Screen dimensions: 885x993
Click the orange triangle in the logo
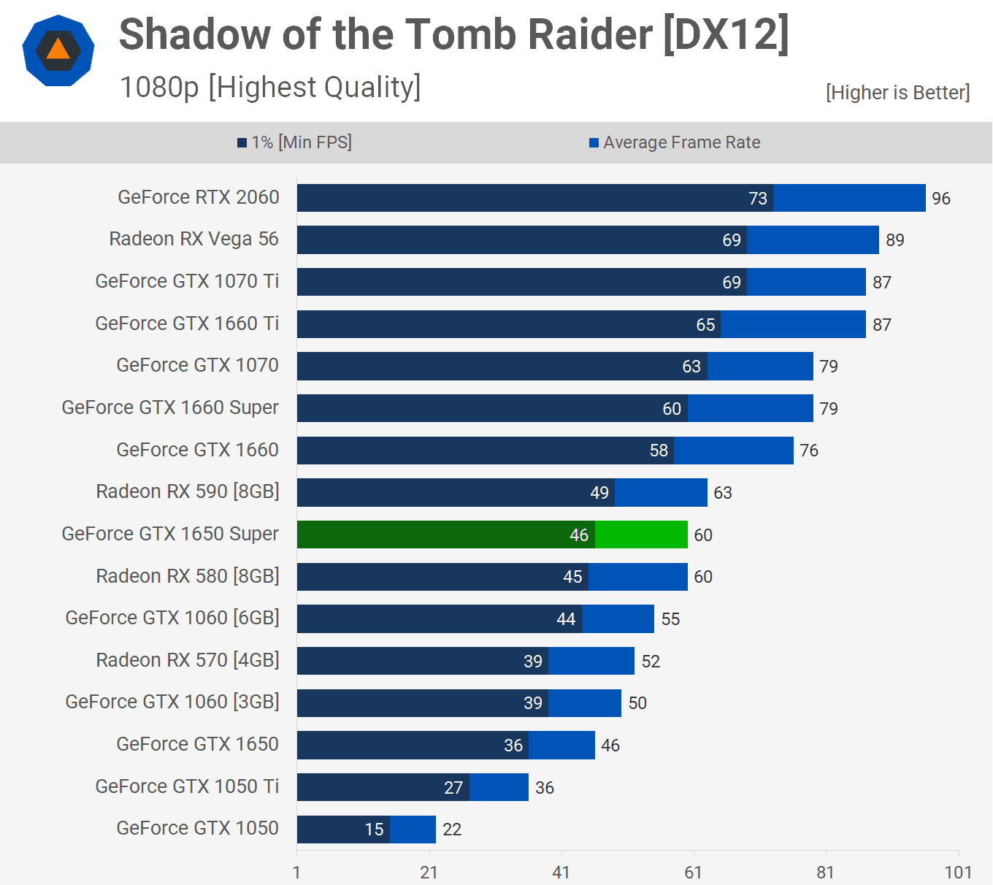(x=58, y=50)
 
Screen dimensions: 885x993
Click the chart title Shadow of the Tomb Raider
(x=453, y=34)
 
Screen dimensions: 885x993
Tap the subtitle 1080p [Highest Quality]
(x=270, y=88)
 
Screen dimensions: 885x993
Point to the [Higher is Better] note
(x=897, y=93)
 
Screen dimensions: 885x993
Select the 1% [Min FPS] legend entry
(x=295, y=142)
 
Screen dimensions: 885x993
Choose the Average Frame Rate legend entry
(x=675, y=142)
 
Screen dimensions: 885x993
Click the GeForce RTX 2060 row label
(x=199, y=197)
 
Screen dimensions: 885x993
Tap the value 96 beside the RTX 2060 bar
(x=940, y=199)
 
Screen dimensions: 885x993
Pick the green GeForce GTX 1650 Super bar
(x=492, y=535)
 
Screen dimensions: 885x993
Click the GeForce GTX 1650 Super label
(x=170, y=534)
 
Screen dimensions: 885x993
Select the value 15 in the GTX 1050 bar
(x=374, y=830)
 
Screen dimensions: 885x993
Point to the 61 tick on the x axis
(x=693, y=873)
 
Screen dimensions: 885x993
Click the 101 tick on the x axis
(x=958, y=873)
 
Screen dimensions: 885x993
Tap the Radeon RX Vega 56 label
(x=193, y=239)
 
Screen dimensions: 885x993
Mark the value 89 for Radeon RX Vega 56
(x=894, y=240)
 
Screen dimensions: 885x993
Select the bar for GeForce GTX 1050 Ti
(x=413, y=787)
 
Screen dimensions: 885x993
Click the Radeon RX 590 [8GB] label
(x=188, y=491)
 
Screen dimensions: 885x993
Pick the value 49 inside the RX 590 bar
(x=599, y=493)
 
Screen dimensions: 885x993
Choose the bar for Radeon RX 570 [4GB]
(x=465, y=661)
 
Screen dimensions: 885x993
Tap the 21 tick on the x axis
(x=429, y=873)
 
